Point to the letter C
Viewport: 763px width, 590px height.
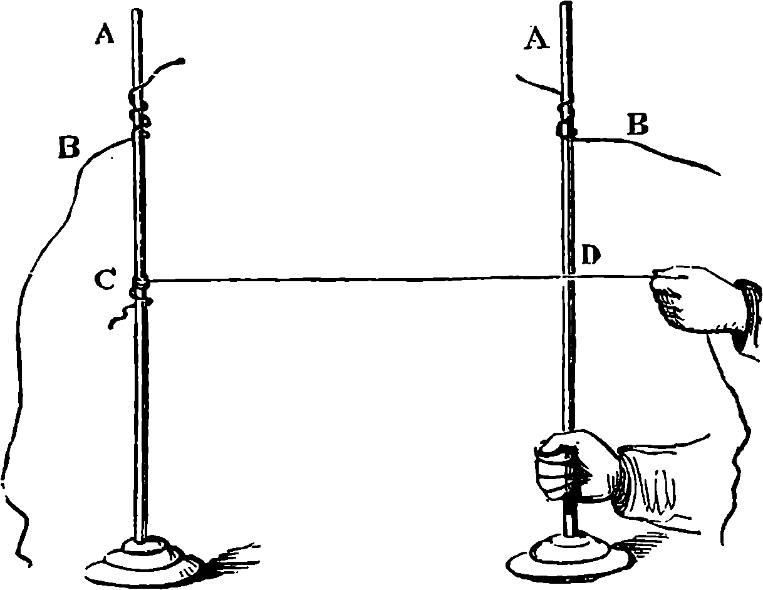point(105,280)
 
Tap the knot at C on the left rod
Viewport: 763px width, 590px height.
point(140,286)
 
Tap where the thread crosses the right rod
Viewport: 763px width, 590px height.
point(567,276)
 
